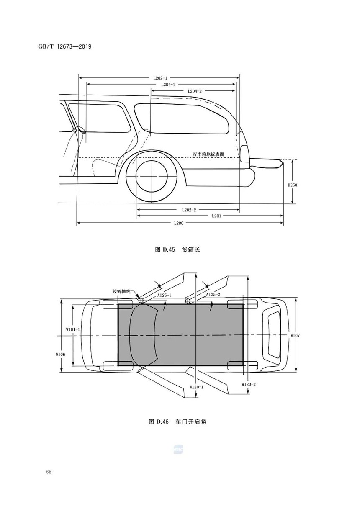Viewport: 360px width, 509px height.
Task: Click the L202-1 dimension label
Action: pyautogui.click(x=160, y=78)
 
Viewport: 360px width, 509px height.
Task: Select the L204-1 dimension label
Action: pyautogui.click(x=168, y=85)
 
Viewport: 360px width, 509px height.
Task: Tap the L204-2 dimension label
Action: pyautogui.click(x=195, y=91)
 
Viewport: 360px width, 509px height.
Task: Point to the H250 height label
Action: pyautogui.click(x=292, y=185)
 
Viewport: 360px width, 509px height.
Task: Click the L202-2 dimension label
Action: pyautogui.click(x=189, y=210)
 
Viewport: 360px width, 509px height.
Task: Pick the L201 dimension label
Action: pyautogui.click(x=216, y=216)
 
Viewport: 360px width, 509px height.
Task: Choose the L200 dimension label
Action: pyautogui.click(x=179, y=223)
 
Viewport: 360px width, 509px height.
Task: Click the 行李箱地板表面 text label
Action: pyautogui.click(x=208, y=154)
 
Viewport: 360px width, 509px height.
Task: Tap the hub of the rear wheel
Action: pyautogui.click(x=152, y=176)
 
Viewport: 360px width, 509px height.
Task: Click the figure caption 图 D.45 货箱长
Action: pyautogui.click(x=177, y=250)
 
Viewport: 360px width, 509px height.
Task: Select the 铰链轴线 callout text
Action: pyautogui.click(x=121, y=291)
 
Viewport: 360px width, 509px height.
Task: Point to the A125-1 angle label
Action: pyautogui.click(x=164, y=295)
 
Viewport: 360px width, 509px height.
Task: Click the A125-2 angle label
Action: pyautogui.click(x=213, y=295)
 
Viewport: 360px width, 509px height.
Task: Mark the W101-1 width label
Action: pyautogui.click(x=73, y=329)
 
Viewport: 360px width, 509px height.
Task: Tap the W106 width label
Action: pyautogui.click(x=60, y=354)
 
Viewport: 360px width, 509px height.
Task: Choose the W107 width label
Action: pyautogui.click(x=295, y=336)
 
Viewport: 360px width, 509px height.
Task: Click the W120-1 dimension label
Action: pyautogui.click(x=197, y=387)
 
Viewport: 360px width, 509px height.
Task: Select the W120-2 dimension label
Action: pyautogui.click(x=249, y=384)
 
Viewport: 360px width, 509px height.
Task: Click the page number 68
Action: pyautogui.click(x=49, y=472)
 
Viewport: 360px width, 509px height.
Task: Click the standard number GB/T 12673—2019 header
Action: pyautogui.click(x=65, y=46)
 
